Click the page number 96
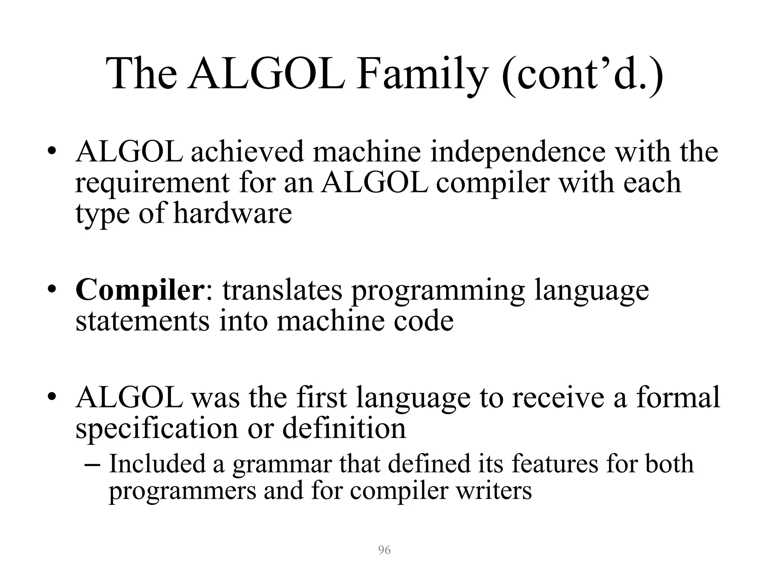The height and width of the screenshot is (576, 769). pos(384,550)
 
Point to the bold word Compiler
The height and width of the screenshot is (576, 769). pos(139,290)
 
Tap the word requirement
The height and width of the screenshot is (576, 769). pos(152,183)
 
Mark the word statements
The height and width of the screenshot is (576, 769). pos(142,321)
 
